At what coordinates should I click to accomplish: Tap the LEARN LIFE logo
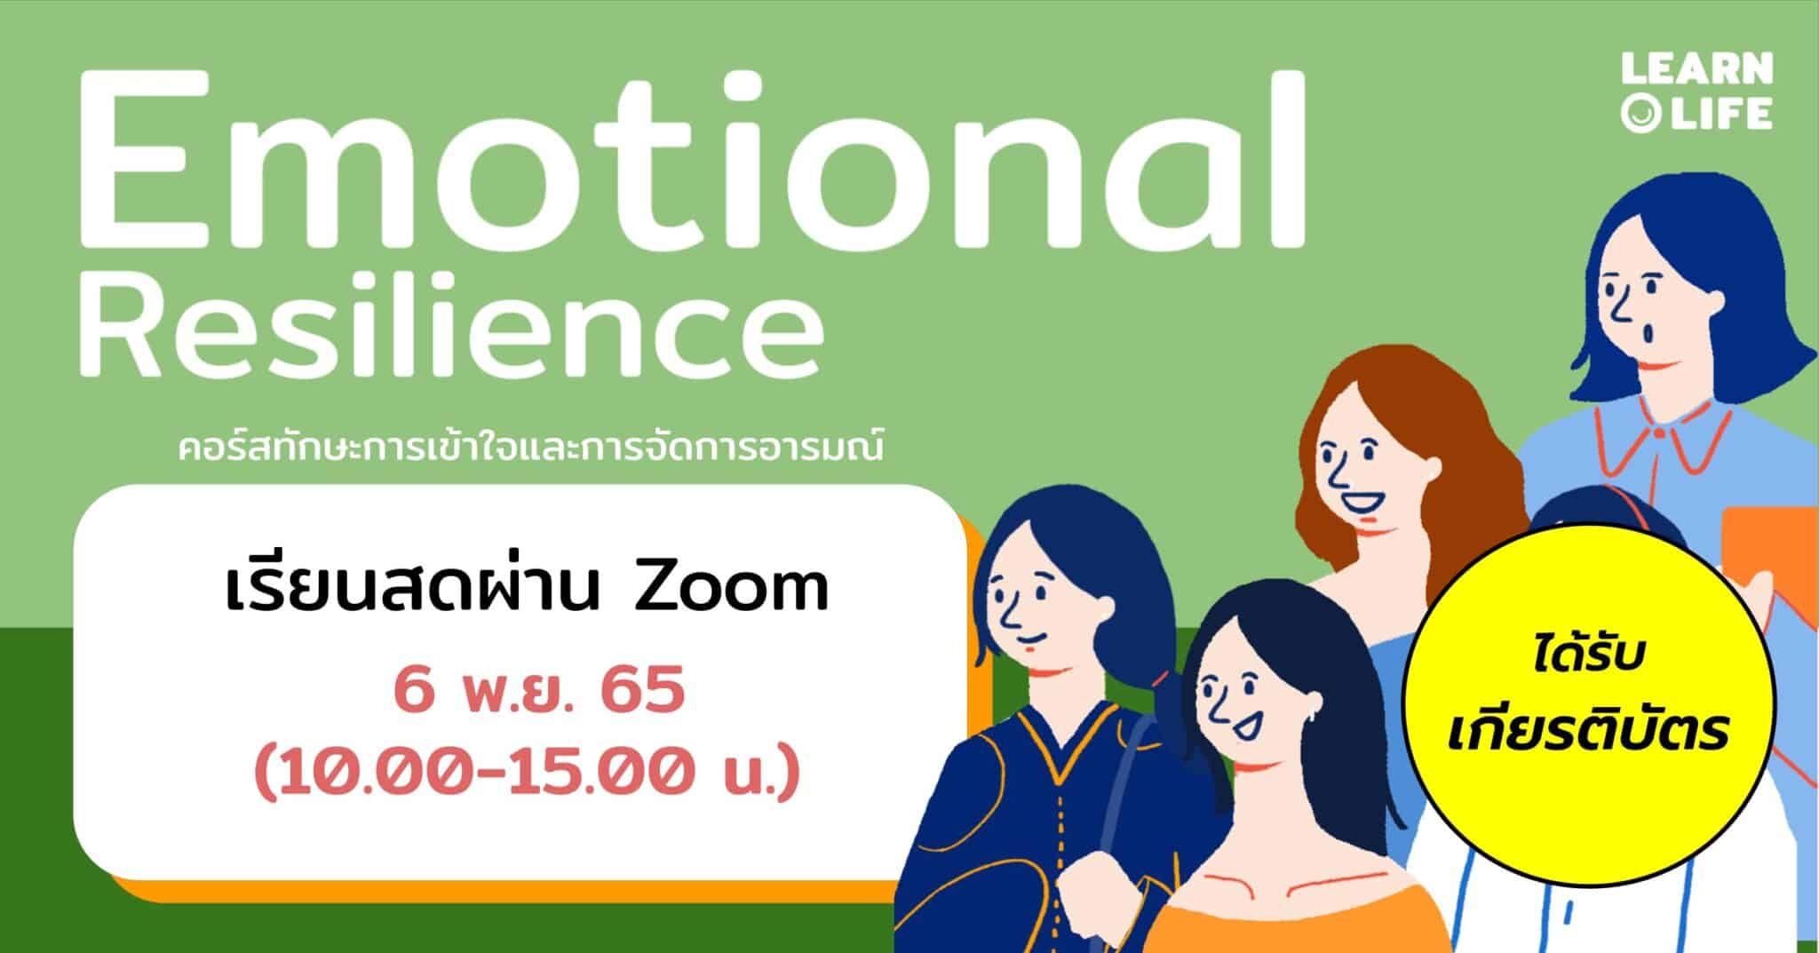pyautogui.click(x=1696, y=91)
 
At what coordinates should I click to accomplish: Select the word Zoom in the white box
pyautogui.click(x=730, y=587)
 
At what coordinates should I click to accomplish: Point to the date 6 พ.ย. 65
pyautogui.click(x=539, y=693)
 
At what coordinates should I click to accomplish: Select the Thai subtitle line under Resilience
pyautogui.click(x=531, y=445)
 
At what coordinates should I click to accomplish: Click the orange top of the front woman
pyautogui.click(x=1332, y=915)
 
